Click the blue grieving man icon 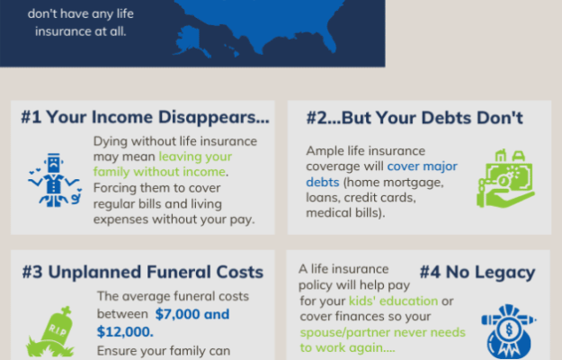[55, 180]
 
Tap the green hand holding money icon [505, 179]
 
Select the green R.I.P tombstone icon [51, 332]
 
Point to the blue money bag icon [508, 332]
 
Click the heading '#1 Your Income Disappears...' [145, 117]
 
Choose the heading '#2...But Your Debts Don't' [415, 118]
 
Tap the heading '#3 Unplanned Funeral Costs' [143, 272]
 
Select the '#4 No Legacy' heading [477, 272]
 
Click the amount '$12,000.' [125, 332]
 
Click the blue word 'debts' [323, 182]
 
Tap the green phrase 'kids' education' [394, 301]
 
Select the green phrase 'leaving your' [195, 157]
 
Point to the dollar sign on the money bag [509, 328]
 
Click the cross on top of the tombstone [67, 310]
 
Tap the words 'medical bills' [343, 213]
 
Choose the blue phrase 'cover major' [423, 166]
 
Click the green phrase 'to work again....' [348, 347]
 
